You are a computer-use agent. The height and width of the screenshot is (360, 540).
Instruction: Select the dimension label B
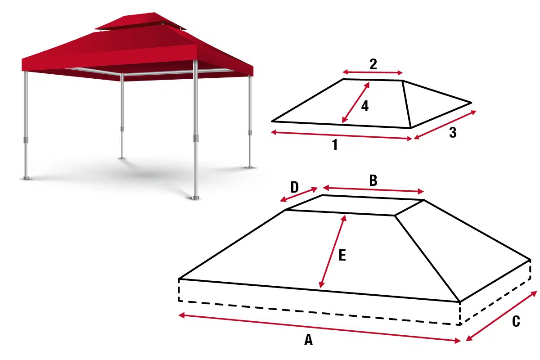click(373, 180)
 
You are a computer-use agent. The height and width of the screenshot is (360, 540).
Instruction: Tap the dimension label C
click(516, 322)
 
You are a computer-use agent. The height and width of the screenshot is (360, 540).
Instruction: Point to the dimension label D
click(294, 187)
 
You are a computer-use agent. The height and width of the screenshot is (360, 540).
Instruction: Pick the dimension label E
click(342, 256)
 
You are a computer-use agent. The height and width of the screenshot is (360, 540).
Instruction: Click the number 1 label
click(335, 145)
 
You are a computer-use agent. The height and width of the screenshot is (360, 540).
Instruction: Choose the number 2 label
click(373, 64)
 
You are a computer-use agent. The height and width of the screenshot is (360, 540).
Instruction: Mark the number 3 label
click(453, 133)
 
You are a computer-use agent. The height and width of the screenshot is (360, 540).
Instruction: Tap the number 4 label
click(364, 106)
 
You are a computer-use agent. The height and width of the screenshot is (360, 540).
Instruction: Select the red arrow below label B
click(373, 189)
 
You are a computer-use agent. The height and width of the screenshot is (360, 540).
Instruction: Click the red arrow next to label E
click(333, 252)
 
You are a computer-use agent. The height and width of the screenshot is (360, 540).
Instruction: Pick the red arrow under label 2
click(373, 72)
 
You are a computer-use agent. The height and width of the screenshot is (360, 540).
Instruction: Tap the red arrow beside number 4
click(355, 102)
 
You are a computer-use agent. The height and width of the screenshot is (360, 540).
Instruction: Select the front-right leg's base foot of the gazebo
click(195, 197)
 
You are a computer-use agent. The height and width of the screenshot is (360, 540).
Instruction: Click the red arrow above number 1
click(341, 135)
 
